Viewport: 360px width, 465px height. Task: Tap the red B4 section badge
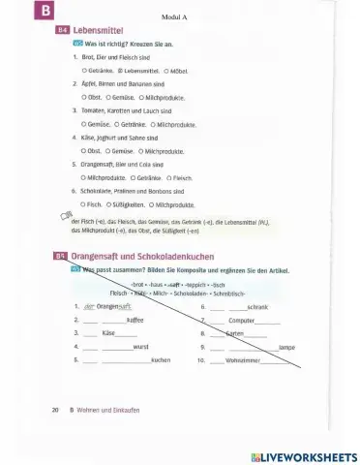(x=64, y=31)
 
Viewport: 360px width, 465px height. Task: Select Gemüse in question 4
(x=120, y=151)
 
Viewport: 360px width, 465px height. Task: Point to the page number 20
(x=55, y=410)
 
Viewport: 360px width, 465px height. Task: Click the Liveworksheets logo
(x=303, y=455)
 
